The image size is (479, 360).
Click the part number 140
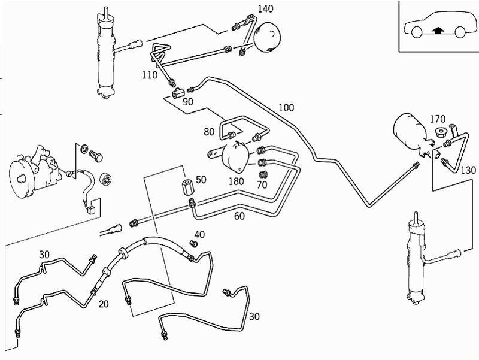(265, 8)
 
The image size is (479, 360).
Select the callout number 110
(150, 75)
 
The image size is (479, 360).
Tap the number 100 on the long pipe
(287, 108)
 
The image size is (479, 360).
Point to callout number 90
(188, 101)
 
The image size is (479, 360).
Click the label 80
(209, 131)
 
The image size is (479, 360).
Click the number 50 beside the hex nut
(201, 180)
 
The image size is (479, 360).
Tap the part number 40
(199, 234)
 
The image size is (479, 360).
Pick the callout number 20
(104, 304)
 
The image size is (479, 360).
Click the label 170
(438, 118)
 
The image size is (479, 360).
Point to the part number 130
(468, 170)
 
